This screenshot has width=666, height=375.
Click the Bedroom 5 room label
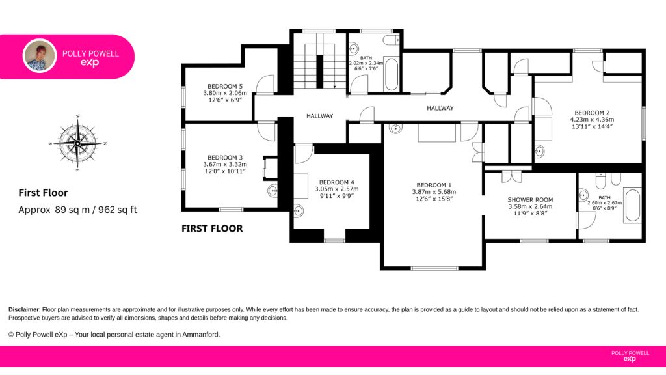(x=225, y=87)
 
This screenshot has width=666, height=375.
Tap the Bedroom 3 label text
(x=225, y=158)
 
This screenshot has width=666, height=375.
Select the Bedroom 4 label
(x=336, y=182)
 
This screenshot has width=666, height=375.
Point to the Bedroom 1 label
(x=434, y=185)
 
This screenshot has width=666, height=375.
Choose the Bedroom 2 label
(x=592, y=113)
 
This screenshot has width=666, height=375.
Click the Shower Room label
(x=530, y=199)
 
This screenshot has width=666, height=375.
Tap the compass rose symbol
(x=78, y=143)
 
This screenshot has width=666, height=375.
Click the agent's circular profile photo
(x=40, y=56)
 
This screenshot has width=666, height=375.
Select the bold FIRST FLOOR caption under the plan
(x=212, y=229)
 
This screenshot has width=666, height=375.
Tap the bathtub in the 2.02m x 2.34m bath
(x=391, y=74)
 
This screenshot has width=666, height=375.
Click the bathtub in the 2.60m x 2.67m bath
(x=632, y=205)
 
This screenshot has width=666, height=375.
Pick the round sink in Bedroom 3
(x=273, y=191)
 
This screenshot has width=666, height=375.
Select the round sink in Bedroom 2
(x=539, y=151)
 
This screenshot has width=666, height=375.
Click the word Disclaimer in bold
(x=24, y=309)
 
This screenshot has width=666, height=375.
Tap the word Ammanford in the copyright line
(x=200, y=335)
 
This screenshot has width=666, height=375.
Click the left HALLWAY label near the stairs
(x=320, y=116)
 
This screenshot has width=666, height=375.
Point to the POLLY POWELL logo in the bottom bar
(x=630, y=356)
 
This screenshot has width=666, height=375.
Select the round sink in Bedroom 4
(x=299, y=210)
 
